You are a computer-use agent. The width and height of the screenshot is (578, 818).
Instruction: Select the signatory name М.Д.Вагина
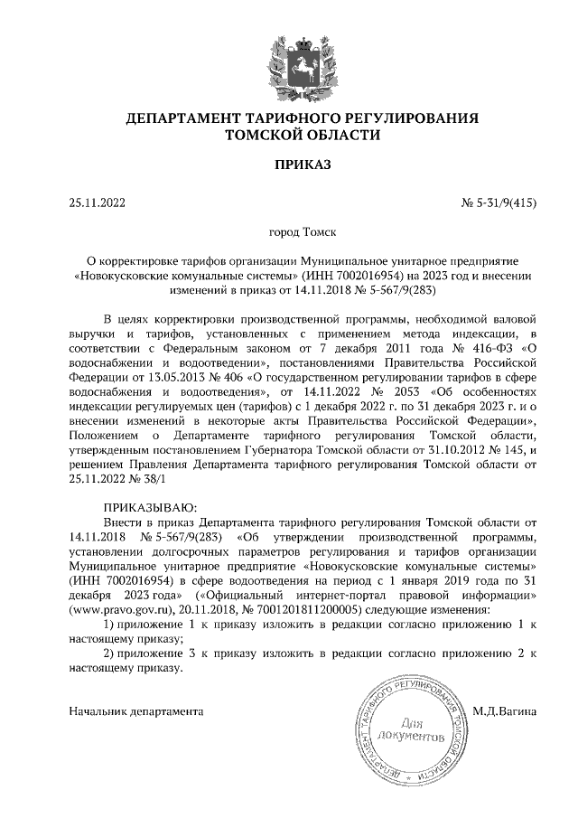pos(506,710)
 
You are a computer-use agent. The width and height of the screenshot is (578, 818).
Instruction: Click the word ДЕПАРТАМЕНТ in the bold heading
pos(190,118)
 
